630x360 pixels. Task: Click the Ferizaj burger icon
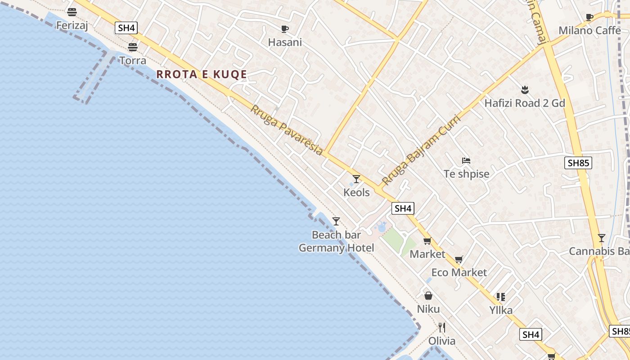click(x=72, y=12)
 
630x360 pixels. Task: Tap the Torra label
click(x=133, y=60)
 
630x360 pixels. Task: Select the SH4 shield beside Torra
click(x=126, y=28)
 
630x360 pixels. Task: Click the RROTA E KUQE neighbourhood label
click(x=202, y=74)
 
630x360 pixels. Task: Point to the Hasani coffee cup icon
click(x=285, y=29)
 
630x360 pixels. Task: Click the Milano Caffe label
click(x=589, y=31)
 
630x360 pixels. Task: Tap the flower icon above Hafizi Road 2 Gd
click(x=524, y=90)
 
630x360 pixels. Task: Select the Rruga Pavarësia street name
click(x=287, y=130)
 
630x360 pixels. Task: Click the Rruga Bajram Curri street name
click(x=421, y=150)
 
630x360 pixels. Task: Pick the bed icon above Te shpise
click(x=466, y=160)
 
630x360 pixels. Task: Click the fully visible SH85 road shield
click(x=578, y=163)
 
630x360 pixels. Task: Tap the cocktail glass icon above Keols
click(x=356, y=179)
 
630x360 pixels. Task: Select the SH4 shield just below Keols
click(x=403, y=208)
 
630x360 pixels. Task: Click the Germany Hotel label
click(x=336, y=248)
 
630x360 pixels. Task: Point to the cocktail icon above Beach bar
click(x=336, y=221)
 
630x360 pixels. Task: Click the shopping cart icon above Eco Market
click(x=459, y=259)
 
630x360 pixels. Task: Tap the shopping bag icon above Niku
click(x=428, y=296)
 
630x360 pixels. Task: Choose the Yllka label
click(x=501, y=310)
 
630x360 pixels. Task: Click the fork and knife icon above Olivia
click(x=442, y=327)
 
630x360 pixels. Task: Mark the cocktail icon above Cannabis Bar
click(x=602, y=238)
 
